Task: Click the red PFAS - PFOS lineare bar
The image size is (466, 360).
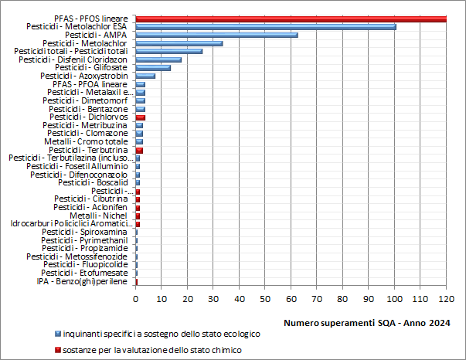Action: [291, 19]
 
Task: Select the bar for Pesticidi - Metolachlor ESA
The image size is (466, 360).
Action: [265, 27]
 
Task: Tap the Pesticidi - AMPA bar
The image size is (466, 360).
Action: [216, 35]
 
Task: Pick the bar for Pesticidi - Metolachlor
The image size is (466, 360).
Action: [179, 43]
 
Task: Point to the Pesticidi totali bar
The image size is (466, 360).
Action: [168, 51]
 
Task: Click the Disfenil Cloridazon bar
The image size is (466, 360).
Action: [158, 59]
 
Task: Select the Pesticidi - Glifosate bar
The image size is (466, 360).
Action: [152, 67]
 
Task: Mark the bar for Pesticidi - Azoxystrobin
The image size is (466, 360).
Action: [145, 76]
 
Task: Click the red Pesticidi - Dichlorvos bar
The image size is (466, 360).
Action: [141, 117]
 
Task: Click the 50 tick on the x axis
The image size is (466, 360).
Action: [265, 297]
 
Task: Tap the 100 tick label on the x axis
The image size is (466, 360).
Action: [394, 297]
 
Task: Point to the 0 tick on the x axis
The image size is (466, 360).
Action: [136, 297]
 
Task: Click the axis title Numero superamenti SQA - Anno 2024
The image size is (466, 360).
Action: [368, 321]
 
